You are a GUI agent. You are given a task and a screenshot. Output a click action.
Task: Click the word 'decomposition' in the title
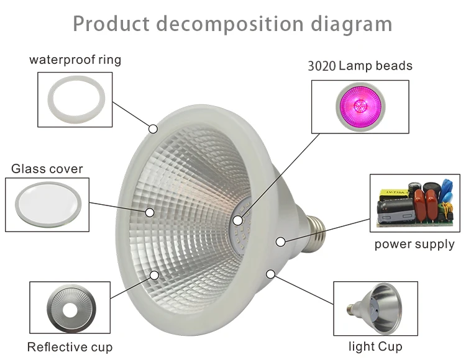tap(230, 24)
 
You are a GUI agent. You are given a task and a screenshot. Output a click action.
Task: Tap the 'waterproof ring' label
tap(75, 60)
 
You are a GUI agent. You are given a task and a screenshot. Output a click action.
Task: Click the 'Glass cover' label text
tap(47, 169)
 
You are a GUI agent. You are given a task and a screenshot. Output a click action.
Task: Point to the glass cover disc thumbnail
tap(48, 205)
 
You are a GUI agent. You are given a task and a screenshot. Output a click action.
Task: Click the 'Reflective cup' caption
tap(70, 347)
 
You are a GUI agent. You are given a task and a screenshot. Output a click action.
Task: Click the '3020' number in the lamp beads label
tap(322, 66)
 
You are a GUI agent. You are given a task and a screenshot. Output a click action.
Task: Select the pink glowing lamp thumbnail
tap(361, 106)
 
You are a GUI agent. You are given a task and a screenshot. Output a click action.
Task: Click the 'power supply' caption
tap(414, 245)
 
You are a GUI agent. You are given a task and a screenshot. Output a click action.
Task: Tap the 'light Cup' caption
tap(375, 346)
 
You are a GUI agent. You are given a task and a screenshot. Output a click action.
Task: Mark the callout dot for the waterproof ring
tap(153, 129)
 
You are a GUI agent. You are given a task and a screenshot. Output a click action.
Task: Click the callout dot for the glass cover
tap(150, 212)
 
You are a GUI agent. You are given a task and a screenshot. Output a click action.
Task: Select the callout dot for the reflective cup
tap(154, 276)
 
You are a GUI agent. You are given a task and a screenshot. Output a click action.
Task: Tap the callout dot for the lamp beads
tap(237, 220)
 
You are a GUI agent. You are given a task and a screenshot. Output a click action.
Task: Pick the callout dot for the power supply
tap(281, 242)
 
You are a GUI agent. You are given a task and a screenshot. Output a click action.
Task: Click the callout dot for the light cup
tap(270, 274)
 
